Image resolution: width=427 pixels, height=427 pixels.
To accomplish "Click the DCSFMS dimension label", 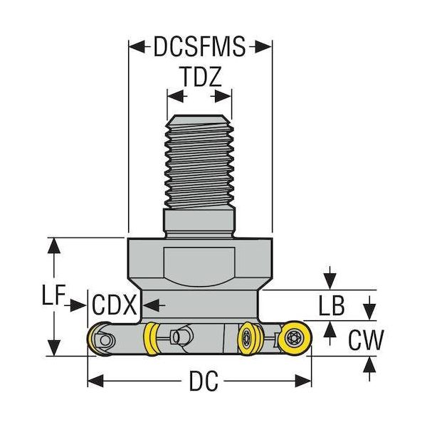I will [x=199, y=47].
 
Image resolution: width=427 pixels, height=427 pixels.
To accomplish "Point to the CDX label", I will [x=114, y=306].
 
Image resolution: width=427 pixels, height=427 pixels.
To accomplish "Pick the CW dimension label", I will [x=366, y=339].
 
